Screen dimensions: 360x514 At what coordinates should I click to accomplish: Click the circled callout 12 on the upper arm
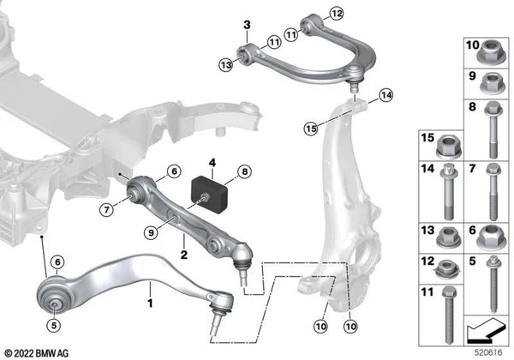(x=336, y=13)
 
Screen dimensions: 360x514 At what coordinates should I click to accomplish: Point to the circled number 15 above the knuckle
(x=312, y=128)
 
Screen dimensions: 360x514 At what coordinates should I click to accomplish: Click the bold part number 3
(x=245, y=25)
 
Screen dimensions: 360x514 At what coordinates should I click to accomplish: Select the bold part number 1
(x=151, y=303)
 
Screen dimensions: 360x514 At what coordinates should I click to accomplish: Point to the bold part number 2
(x=183, y=255)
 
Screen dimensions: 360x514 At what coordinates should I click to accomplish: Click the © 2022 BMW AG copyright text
(x=39, y=352)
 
